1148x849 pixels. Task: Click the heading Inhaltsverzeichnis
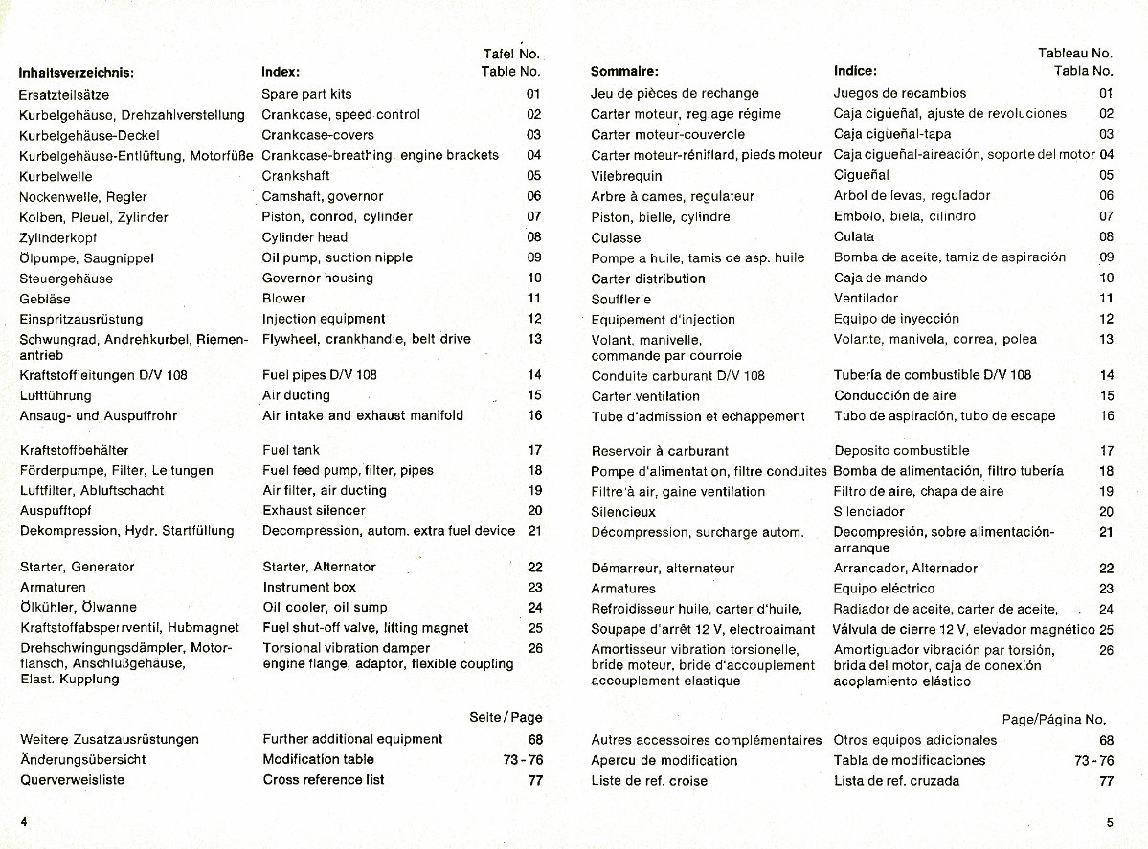76,71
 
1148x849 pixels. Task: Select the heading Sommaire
624,71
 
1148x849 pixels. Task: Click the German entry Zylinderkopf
58,237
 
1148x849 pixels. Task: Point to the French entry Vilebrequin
626,176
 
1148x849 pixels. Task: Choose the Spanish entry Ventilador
866,299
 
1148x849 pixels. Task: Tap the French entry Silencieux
623,512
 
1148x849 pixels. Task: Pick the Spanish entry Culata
854,236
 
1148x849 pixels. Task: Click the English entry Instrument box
309,587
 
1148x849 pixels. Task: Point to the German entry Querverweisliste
72,780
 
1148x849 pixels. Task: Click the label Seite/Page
506,717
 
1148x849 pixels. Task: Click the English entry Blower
284,299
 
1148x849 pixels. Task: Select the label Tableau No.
1074,54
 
